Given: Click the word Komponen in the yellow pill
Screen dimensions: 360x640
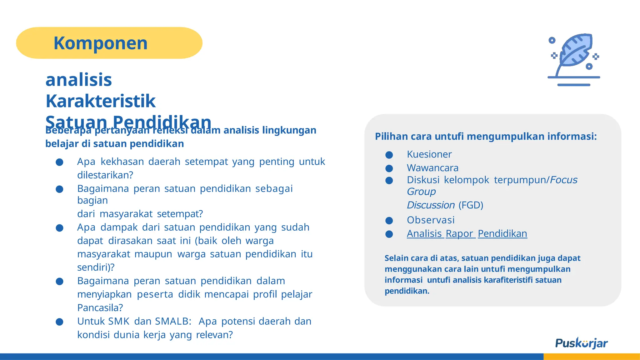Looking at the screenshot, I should point(100,43).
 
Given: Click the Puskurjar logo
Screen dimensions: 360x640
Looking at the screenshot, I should point(581,343).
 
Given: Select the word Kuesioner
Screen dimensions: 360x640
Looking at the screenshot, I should point(429,154).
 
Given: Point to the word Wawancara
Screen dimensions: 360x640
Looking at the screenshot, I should point(432,168).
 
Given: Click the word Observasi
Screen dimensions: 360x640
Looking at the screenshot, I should point(431,220).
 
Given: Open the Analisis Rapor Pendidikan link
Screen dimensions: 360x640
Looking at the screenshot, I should point(467,234).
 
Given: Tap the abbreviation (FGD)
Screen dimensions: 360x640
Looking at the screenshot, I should point(471,205).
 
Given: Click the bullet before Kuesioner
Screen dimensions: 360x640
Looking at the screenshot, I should point(389,155).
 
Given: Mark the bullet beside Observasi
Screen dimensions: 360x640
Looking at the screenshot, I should point(389,221).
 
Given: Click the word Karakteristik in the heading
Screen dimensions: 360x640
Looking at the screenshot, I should point(100,101).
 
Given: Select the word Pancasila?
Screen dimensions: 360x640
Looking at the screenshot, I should point(100,308).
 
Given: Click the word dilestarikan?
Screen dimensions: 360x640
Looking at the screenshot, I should point(105,175).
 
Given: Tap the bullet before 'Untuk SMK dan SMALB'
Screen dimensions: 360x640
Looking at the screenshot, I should point(59,322).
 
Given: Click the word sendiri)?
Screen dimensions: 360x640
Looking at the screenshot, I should point(96,267).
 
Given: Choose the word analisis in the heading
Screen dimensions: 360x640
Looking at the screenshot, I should point(79,80).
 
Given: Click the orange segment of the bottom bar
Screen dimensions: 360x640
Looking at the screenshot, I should point(592,357).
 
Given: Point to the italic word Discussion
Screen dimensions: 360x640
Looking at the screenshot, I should point(431,205).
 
